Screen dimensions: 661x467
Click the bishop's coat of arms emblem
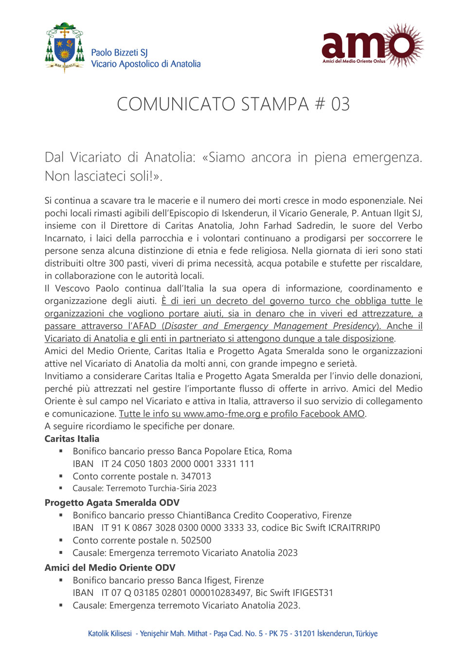coord(65,47)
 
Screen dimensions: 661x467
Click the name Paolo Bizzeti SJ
coord(119,53)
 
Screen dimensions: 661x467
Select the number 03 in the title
coord(340,104)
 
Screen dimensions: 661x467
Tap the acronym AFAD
coord(145,326)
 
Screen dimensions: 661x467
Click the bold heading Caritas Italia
coord(72,439)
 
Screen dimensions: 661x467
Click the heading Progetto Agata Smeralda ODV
coord(112,502)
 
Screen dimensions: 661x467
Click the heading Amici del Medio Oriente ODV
coord(110,568)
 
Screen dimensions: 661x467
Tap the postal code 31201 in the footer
coord(305,633)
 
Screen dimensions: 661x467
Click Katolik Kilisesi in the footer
coord(110,633)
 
